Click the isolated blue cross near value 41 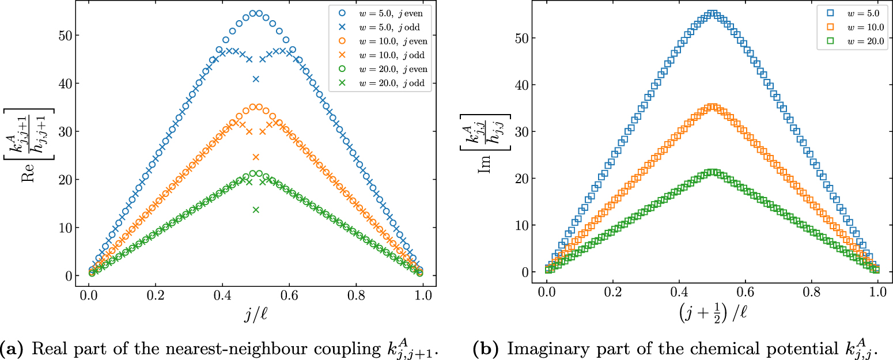tap(256, 79)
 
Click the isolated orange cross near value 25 tap(256, 157)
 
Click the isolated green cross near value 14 tap(256, 210)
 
